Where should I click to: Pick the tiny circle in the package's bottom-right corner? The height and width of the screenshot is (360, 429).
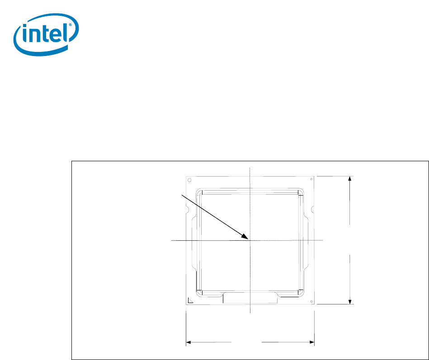[x=310, y=300]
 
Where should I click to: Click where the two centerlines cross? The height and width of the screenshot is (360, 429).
[x=250, y=241]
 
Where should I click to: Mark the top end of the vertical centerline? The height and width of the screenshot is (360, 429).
[x=250, y=168]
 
